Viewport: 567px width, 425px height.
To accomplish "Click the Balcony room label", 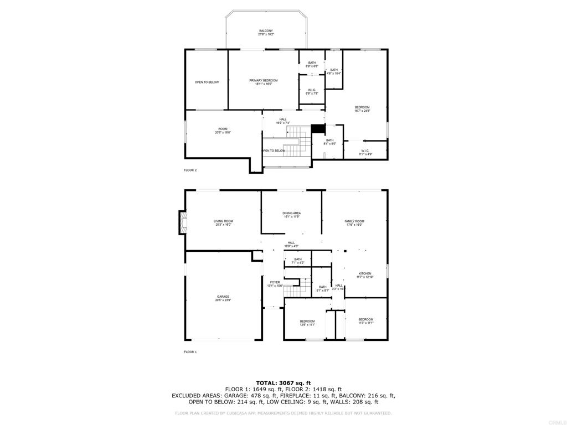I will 266,33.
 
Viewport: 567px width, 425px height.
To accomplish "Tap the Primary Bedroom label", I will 263,82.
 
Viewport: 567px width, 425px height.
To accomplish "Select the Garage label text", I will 223,298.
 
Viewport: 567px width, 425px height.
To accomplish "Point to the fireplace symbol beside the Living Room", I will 182,222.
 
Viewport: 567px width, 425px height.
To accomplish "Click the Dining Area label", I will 291,215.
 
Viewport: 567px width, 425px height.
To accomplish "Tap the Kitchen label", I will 365,275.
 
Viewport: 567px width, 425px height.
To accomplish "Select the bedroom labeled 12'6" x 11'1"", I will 307,323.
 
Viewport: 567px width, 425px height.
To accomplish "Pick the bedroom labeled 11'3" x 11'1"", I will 365,321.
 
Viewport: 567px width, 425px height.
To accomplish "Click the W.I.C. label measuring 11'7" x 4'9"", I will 365,152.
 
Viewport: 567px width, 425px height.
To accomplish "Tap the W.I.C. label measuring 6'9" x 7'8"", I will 312,92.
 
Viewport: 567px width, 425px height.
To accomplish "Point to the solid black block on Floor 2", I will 317,128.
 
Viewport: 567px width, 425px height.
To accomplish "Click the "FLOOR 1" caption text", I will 190,352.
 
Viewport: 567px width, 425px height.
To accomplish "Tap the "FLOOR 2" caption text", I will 190,170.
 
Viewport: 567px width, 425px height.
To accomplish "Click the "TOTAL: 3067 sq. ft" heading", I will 283,383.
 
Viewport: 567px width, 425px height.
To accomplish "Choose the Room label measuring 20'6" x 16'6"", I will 223,131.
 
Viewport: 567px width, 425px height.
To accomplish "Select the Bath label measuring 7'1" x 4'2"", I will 298,261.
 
